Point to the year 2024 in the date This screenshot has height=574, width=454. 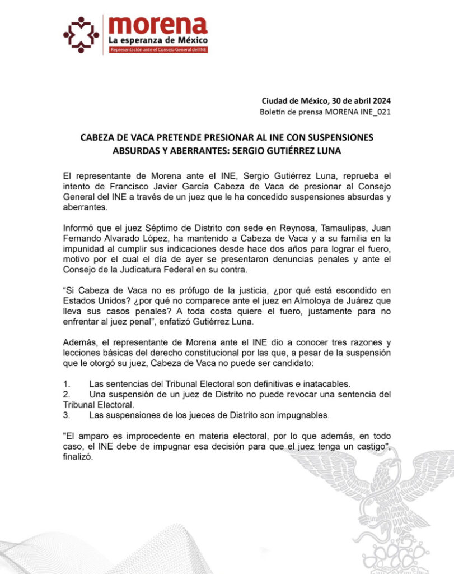(x=380, y=101)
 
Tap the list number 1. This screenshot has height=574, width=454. (x=66, y=384)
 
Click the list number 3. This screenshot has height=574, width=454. (x=66, y=415)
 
